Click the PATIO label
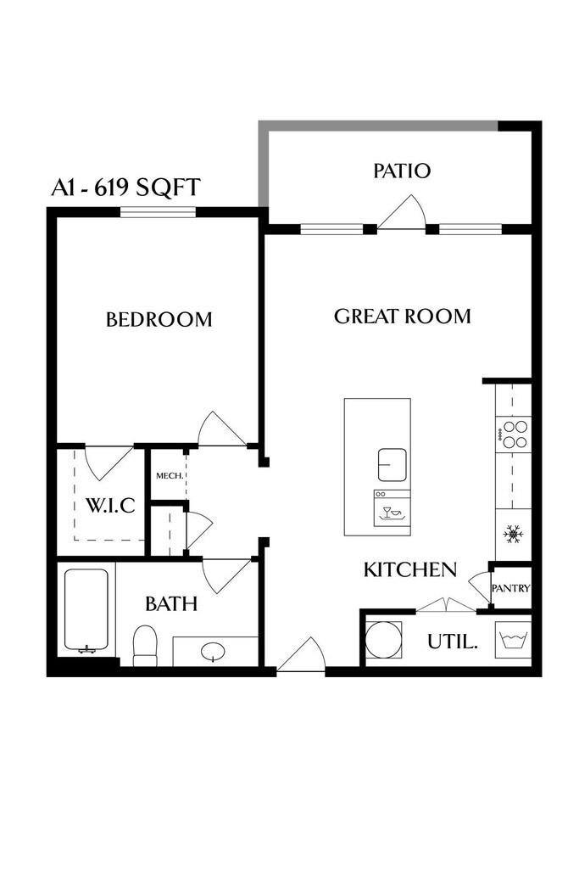point(402,171)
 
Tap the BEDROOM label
point(159,320)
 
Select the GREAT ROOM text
point(402,317)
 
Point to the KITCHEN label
point(410,569)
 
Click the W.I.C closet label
point(110,506)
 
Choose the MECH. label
point(167,476)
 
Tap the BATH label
point(170,604)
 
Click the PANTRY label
point(511,588)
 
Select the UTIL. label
point(452,642)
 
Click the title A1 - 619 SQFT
point(125,187)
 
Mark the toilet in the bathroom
point(145,647)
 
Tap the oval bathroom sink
point(211,652)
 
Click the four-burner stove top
point(513,434)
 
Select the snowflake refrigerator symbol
point(513,534)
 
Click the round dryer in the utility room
point(384,640)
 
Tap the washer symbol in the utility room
point(515,639)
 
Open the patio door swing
point(402,215)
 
